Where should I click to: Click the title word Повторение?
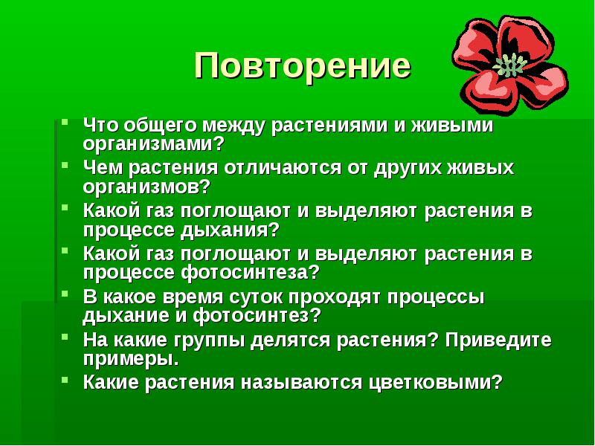(303, 66)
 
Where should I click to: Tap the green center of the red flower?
(509, 65)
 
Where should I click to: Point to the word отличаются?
(283, 169)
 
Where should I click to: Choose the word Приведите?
(498, 340)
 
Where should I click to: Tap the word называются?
(302, 383)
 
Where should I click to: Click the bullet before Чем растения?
(65, 165)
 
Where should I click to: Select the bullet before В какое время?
(65, 294)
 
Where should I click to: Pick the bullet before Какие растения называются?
(65, 379)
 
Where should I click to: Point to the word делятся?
(290, 340)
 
